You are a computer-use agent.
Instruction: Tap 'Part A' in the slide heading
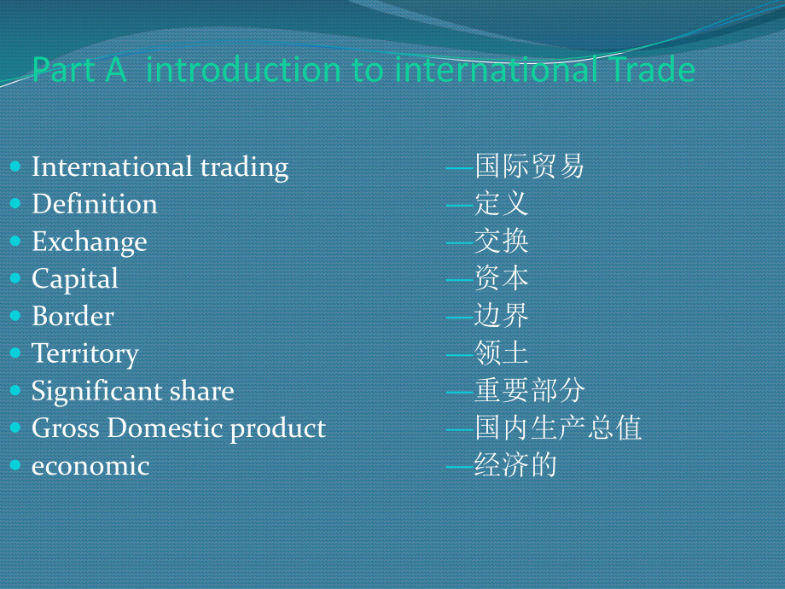(x=78, y=70)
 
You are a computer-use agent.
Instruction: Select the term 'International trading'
(x=160, y=166)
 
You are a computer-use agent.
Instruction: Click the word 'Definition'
(x=94, y=204)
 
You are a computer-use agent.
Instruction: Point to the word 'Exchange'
(x=89, y=242)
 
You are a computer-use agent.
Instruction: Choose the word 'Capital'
(x=75, y=278)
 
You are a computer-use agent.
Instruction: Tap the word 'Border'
(x=73, y=316)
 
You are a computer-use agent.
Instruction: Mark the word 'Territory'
(x=84, y=353)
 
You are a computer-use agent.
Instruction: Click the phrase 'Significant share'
(x=132, y=391)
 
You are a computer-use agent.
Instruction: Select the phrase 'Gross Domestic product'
(x=178, y=428)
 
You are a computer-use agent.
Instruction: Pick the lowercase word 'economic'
(x=90, y=466)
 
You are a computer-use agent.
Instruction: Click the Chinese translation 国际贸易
(x=529, y=166)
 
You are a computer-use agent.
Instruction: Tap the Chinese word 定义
(x=502, y=203)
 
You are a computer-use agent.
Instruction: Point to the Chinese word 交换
(x=502, y=241)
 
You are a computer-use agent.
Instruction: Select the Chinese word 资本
(x=502, y=278)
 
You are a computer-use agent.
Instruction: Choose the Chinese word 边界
(x=502, y=316)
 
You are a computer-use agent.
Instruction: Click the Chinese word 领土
(x=502, y=353)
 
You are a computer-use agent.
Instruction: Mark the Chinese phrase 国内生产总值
(x=558, y=428)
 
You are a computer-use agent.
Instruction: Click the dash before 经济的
(x=461, y=466)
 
